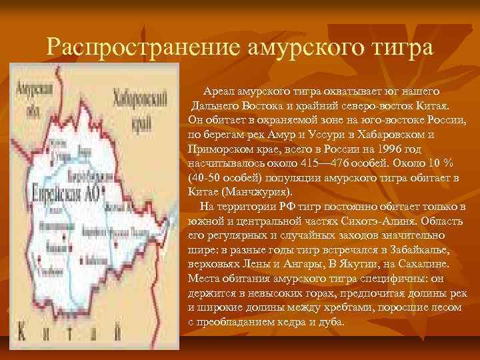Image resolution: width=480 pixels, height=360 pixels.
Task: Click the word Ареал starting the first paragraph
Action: [219, 93]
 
